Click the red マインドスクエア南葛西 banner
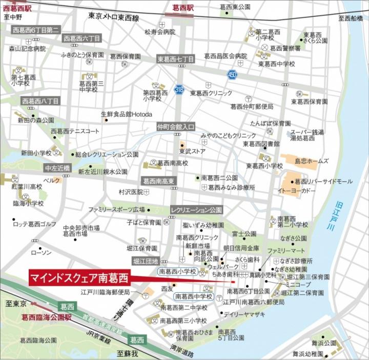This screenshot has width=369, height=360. pos(79,278)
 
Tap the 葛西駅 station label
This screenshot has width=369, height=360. pos(182,7)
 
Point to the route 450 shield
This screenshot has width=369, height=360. pos(232,74)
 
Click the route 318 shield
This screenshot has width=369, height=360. pos(179,89)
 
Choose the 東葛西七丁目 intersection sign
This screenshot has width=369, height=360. pos(176,59)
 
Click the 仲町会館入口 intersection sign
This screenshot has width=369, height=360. pos(176,126)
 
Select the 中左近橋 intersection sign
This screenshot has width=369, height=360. pos(57,168)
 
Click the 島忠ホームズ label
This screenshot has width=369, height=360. pos(312,161)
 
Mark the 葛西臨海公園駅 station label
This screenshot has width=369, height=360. pos(47,317)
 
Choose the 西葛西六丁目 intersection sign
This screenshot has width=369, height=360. pos(82,38)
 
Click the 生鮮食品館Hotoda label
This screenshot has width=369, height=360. pos(127,114)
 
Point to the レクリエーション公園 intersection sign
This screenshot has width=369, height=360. pos(197,210)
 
